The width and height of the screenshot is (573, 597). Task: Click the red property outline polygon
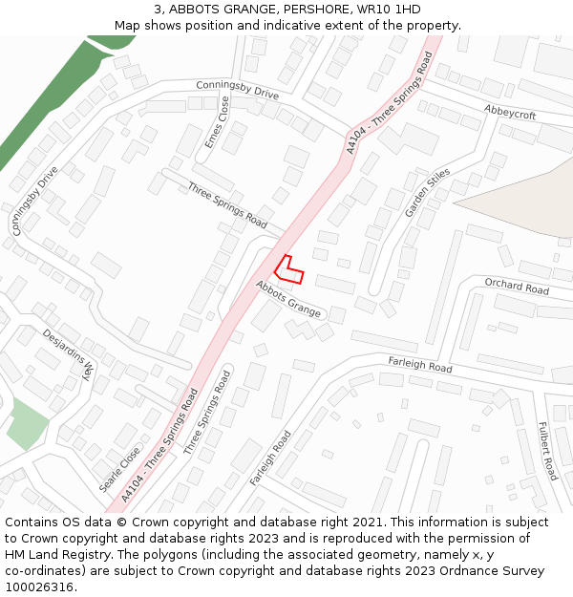point(288,270)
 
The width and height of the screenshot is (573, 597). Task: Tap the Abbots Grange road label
point(288,299)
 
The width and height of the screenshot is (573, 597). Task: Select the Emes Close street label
point(217,121)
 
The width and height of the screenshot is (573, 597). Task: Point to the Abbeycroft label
point(510,113)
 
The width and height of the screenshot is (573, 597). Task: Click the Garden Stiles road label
point(427,192)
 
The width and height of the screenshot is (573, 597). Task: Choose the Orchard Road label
point(517,287)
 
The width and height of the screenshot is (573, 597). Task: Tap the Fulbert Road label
point(547,451)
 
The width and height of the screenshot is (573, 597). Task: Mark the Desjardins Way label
point(70,354)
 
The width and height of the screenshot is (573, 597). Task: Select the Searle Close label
point(120,469)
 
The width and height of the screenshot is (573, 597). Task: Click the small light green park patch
point(27,425)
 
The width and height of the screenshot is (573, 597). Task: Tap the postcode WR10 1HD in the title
point(388,10)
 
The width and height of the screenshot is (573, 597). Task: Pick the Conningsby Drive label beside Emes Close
point(237,90)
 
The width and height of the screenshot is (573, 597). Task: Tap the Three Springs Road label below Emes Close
point(227,205)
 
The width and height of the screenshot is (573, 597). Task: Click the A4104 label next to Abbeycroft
point(390,102)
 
